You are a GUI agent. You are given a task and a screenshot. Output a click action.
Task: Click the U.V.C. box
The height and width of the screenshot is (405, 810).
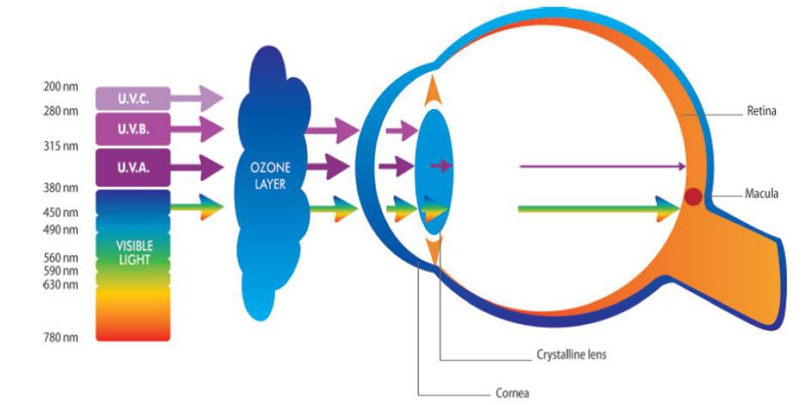coord(134,99)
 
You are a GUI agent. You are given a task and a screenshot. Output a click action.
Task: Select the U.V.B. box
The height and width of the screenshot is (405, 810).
coord(134,129)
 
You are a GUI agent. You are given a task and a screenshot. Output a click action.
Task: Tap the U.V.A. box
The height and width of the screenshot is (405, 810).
coord(134,167)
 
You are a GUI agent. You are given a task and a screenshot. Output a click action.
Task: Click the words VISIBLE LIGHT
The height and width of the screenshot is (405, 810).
coord(135,253)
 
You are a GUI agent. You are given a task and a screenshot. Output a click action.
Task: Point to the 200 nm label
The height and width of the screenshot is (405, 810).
coord(61,86)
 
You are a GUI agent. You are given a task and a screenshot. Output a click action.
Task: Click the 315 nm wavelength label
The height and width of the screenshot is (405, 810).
coord(61,146)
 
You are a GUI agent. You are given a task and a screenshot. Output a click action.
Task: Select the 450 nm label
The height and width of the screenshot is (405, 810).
coord(61,212)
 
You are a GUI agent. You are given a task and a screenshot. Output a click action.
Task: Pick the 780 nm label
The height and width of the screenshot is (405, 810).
coord(61,338)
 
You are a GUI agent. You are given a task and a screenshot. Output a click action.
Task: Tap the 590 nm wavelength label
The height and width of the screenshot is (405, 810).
coord(61,271)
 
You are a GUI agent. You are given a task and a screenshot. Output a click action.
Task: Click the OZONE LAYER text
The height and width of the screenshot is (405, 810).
coord(270,176)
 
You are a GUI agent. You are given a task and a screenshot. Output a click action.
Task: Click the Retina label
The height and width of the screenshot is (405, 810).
coord(762,111)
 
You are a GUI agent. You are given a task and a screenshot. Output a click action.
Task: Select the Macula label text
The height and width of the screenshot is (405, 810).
coord(762,195)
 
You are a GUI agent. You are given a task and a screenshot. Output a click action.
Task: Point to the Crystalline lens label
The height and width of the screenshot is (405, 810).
coord(571,356)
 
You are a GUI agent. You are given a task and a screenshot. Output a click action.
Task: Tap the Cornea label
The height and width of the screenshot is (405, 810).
coord(513,393)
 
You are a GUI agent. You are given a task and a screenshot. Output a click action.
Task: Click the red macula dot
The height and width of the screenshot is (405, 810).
coord(693,196)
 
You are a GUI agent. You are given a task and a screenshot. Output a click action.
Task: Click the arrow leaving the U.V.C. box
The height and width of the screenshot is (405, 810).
coord(197,99)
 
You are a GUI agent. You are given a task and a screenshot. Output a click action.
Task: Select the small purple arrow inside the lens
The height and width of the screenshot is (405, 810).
coord(441,166)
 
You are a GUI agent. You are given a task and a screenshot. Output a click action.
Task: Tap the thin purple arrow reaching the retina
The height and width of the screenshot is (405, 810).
coord(602,166)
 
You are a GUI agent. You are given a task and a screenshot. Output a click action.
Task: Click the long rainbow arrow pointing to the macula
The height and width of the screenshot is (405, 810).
coord(599,209)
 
